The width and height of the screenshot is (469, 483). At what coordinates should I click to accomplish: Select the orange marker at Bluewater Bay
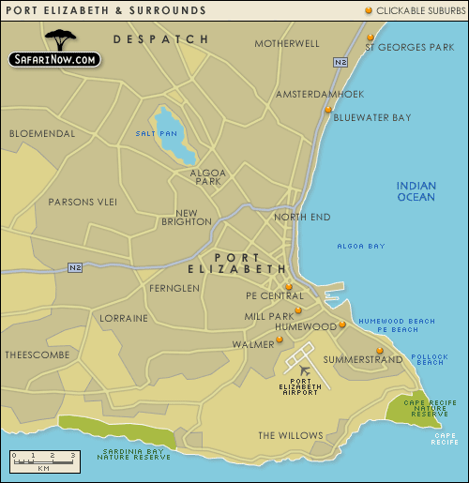pyautogui.click(x=328, y=110)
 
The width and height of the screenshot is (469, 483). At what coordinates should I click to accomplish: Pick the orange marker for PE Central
pyautogui.click(x=289, y=287)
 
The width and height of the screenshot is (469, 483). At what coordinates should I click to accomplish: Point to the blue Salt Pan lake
pyautogui.click(x=175, y=132)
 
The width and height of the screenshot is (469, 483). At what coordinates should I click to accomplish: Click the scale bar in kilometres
pyautogui.click(x=43, y=459)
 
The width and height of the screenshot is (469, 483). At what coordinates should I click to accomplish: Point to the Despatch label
pyautogui.click(x=160, y=39)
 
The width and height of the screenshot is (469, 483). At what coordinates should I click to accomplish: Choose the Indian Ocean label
pyautogui.click(x=416, y=191)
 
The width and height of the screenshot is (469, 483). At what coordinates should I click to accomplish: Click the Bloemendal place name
pyautogui.click(x=41, y=133)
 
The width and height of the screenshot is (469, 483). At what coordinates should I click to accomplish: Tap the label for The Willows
pyautogui.click(x=290, y=435)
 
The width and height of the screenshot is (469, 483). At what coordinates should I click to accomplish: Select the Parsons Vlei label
pyautogui.click(x=84, y=201)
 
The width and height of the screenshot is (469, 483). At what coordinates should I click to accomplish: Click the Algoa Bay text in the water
pyautogui.click(x=361, y=247)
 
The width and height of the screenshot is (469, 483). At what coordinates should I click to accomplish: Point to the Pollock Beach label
pyautogui.click(x=430, y=359)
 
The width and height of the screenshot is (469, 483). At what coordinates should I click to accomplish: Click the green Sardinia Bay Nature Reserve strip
pyautogui.click(x=117, y=431)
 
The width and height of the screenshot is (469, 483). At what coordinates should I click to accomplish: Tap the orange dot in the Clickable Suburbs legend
pyautogui.click(x=369, y=10)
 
